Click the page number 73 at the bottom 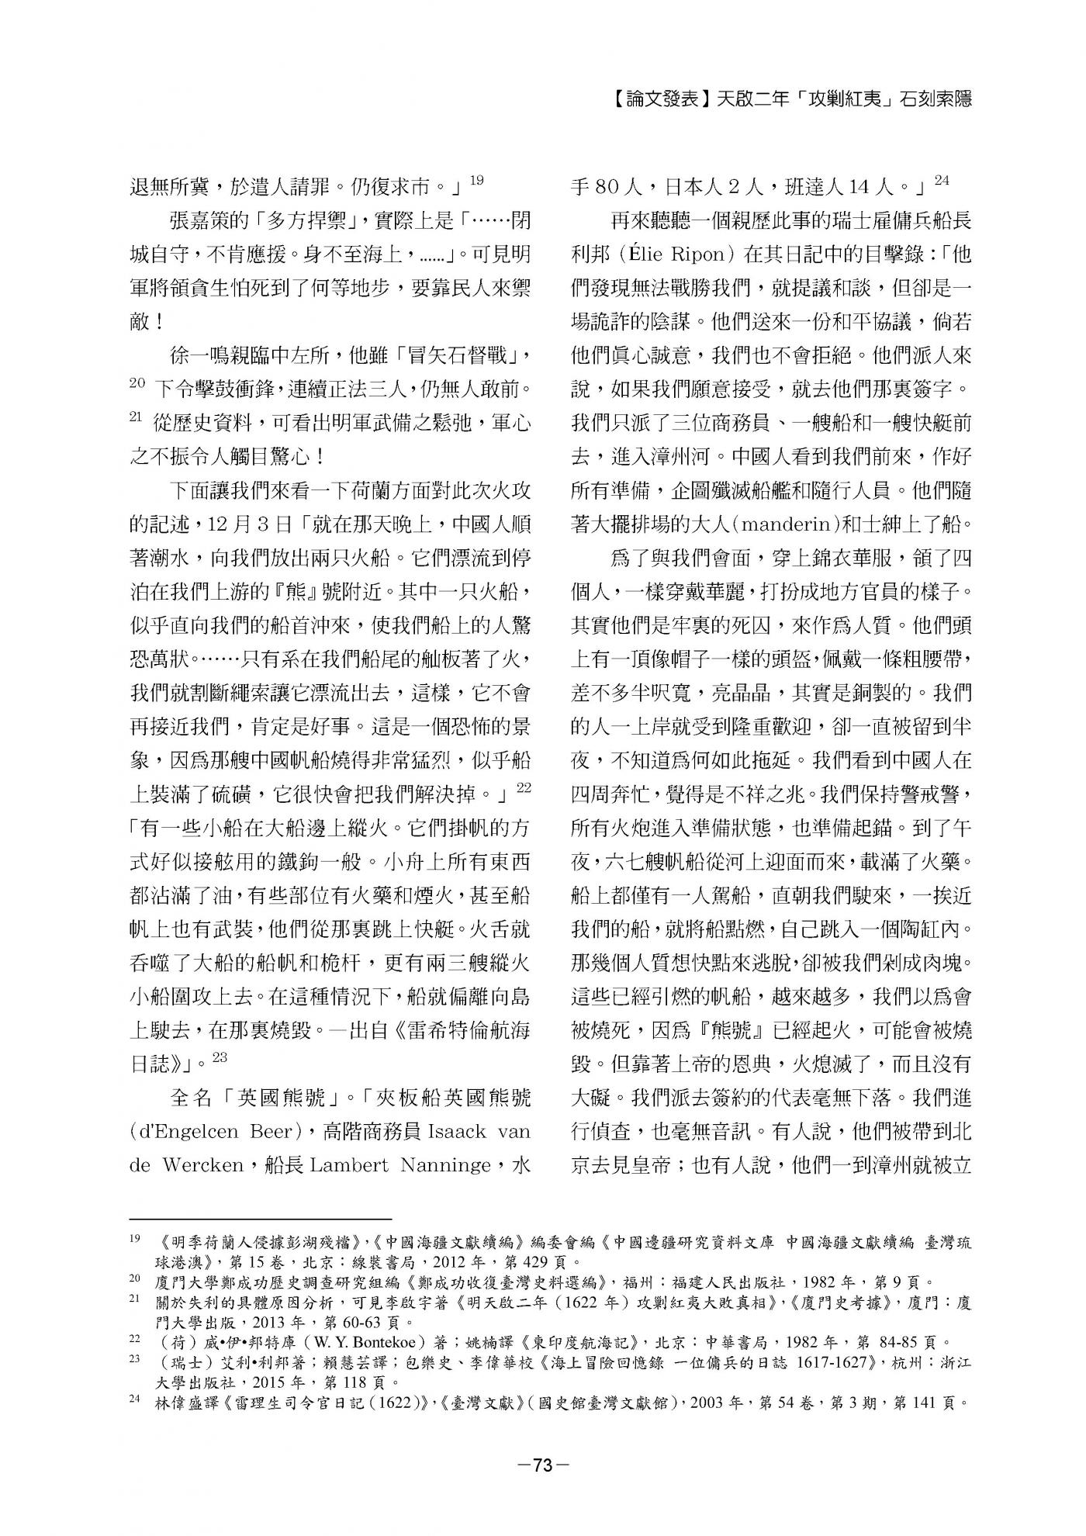[542, 1465]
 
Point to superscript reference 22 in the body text [524, 788]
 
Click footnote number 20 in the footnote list [135, 1282]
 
